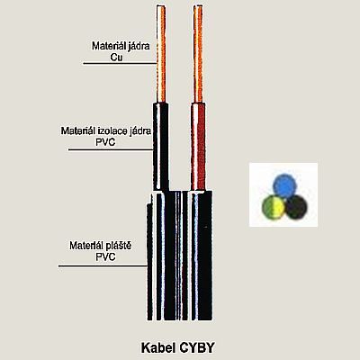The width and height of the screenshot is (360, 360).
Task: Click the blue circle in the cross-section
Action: click(285, 185)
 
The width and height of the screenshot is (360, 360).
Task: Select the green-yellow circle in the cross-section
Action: click(274, 207)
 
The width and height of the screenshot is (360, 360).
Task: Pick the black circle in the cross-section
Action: click(296, 207)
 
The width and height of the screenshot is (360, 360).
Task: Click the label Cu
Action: click(116, 57)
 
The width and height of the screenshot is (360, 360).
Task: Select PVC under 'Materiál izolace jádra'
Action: click(105, 142)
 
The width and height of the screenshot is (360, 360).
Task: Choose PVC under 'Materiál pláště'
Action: click(105, 256)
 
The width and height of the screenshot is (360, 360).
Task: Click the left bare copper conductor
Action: click(161, 54)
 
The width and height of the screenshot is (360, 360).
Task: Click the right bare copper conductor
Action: click(198, 54)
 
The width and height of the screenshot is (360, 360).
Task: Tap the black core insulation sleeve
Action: click(161, 147)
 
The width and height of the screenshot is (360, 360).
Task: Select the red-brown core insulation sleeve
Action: click(198, 147)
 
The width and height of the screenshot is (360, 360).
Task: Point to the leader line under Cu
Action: click(120, 63)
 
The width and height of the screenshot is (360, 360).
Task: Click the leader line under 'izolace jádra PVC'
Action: click(111, 149)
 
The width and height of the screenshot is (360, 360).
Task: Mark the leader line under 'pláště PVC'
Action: click(103, 265)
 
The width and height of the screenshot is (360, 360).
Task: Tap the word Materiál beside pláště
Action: click(87, 246)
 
